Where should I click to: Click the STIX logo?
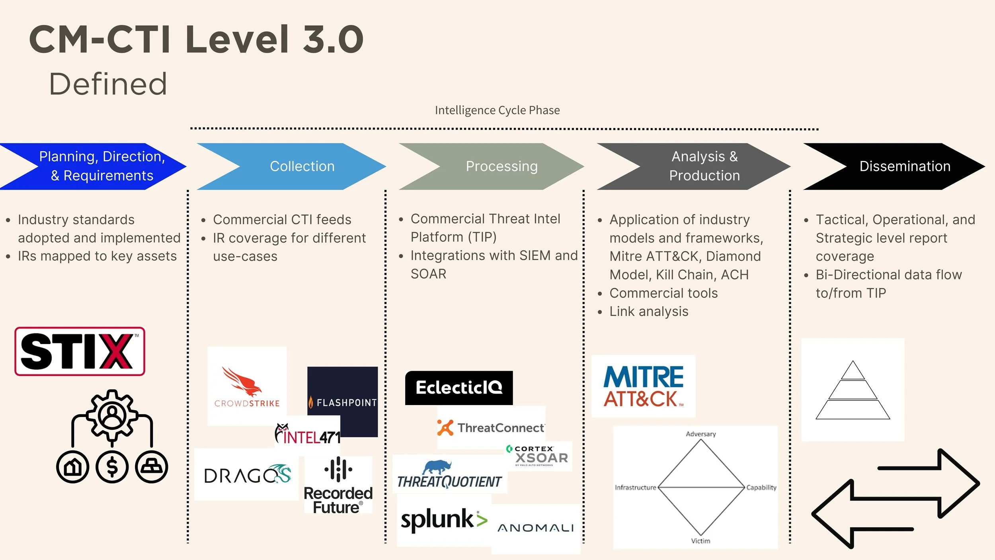click(80, 351)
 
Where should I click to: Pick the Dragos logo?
click(247, 475)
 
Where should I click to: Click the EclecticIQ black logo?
click(458, 388)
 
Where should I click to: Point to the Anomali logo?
click(535, 528)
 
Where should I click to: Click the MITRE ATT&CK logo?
click(643, 386)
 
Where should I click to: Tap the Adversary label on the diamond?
click(700, 434)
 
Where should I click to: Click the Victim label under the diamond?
click(700, 541)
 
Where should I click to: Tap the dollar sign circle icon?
click(112, 467)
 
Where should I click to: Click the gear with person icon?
click(112, 415)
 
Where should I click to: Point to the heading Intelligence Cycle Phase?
click(497, 110)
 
